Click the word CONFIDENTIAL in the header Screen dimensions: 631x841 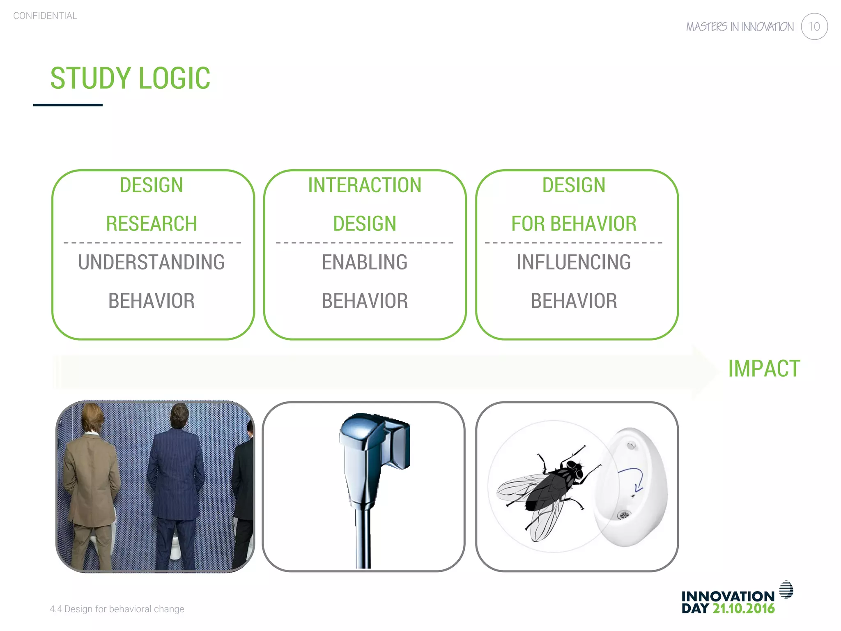pyautogui.click(x=45, y=16)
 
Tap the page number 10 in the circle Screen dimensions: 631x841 pyautogui.click(x=814, y=27)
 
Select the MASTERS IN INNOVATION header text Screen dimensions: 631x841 pyautogui.click(x=740, y=27)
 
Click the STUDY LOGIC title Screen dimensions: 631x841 pyautogui.click(x=130, y=78)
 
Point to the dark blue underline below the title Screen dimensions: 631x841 pyautogui.click(x=68, y=105)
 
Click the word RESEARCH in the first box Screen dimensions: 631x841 pyautogui.click(x=151, y=224)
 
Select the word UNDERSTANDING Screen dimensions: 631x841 pyautogui.click(x=151, y=262)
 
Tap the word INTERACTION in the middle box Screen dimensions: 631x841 pyautogui.click(x=365, y=185)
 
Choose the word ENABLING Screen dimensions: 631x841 pyautogui.click(x=365, y=262)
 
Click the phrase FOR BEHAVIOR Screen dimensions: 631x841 pyautogui.click(x=574, y=224)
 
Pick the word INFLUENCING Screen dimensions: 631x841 pyautogui.click(x=574, y=262)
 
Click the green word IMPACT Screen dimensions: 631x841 pyautogui.click(x=764, y=368)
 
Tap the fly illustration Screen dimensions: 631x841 pyautogui.click(x=546, y=489)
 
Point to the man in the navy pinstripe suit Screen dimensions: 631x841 pyautogui.click(x=177, y=481)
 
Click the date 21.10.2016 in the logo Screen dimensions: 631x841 pyautogui.click(x=743, y=609)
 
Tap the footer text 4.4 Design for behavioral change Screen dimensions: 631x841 pyautogui.click(x=117, y=609)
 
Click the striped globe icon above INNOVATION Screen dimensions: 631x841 pyautogui.click(x=786, y=590)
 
